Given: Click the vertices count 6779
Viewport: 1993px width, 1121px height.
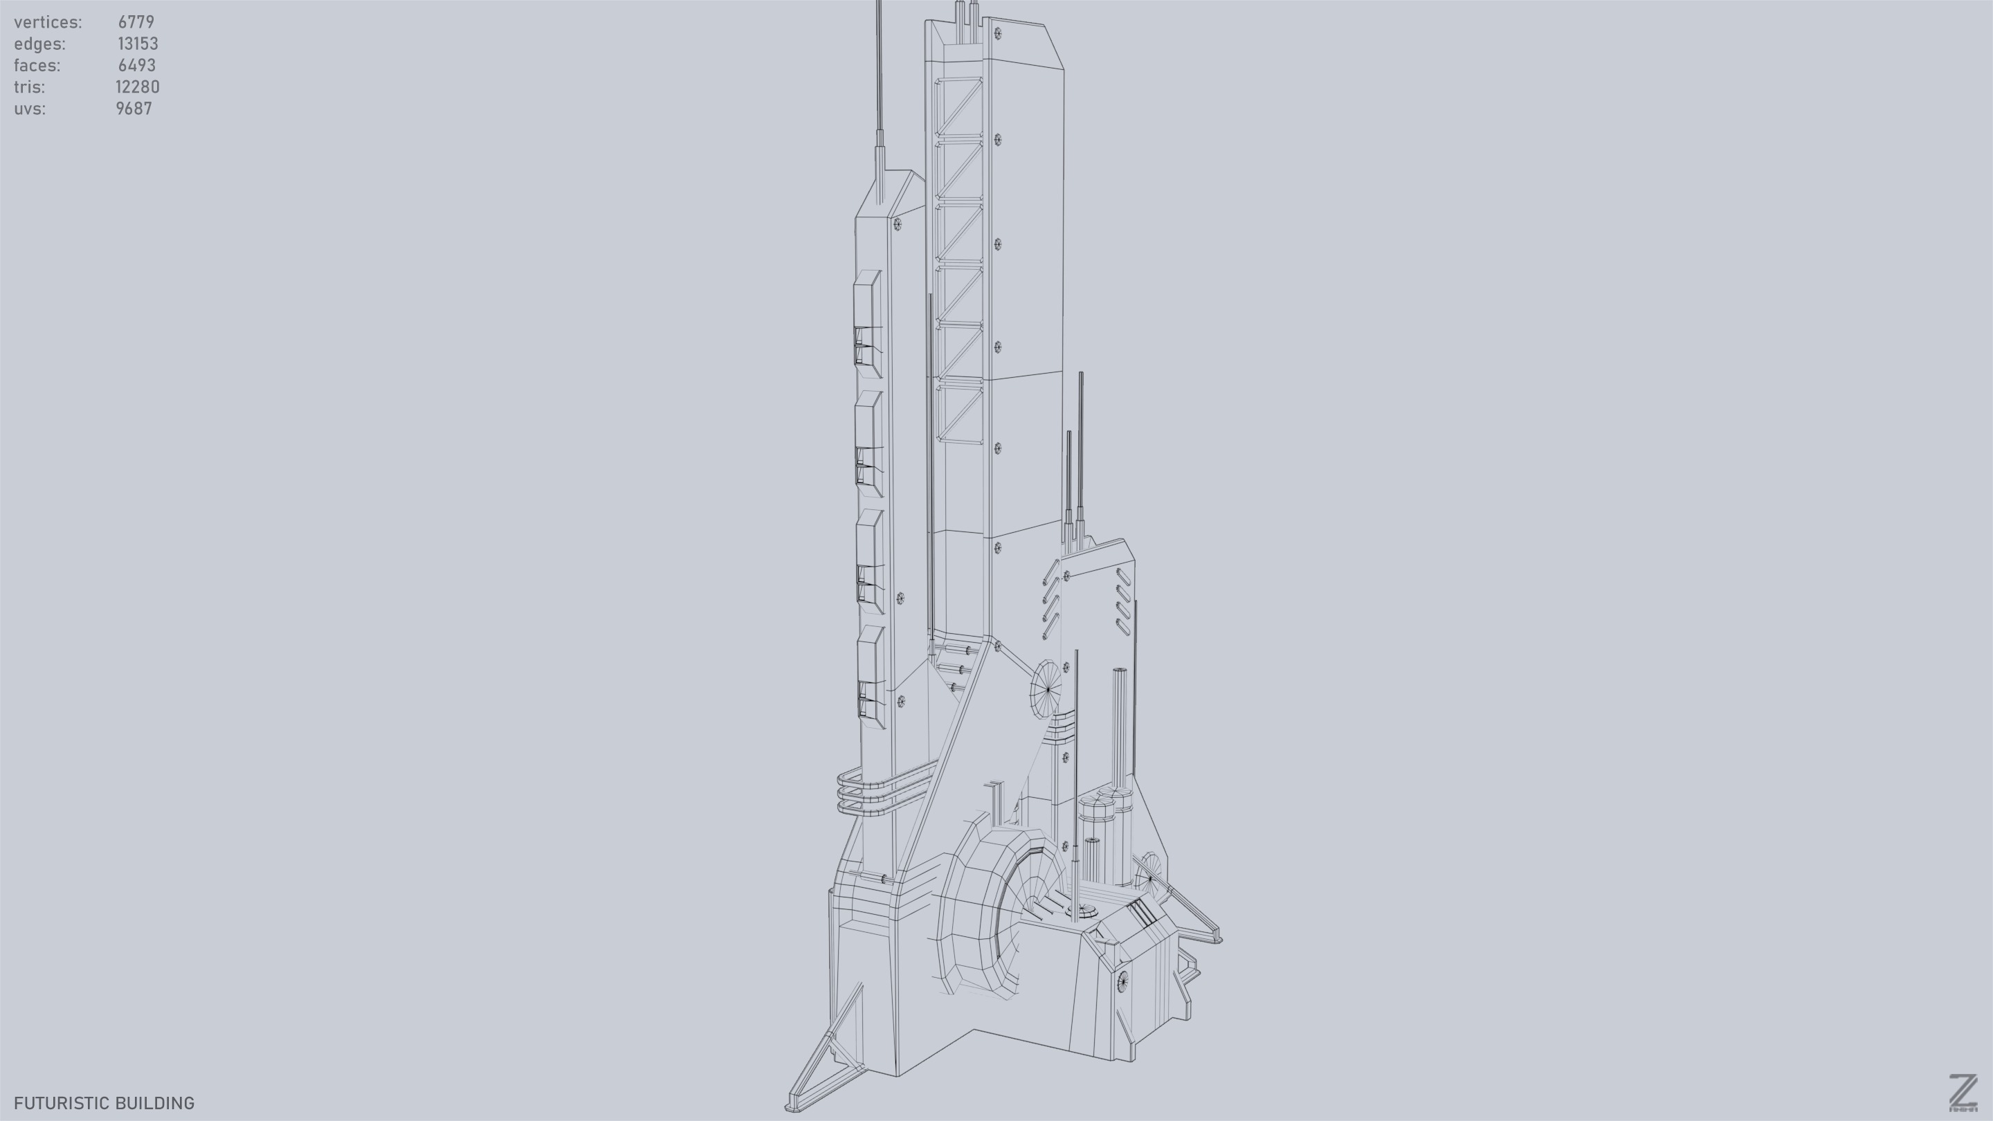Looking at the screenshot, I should (136, 22).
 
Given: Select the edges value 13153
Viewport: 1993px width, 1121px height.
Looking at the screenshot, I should (138, 44).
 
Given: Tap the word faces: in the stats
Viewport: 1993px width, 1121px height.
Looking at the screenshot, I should (37, 66).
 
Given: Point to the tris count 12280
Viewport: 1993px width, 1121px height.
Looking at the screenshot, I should (138, 87).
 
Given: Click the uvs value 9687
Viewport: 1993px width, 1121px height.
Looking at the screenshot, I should (134, 109).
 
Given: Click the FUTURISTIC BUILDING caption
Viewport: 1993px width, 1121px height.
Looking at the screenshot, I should (104, 1103).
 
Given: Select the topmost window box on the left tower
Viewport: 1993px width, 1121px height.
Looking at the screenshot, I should (868, 323).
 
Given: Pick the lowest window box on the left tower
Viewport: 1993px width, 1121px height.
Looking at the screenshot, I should (871, 677).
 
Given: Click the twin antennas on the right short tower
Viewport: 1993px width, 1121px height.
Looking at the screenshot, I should (1075, 464).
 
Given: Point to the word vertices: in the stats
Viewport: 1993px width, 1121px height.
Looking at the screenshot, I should (48, 22).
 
